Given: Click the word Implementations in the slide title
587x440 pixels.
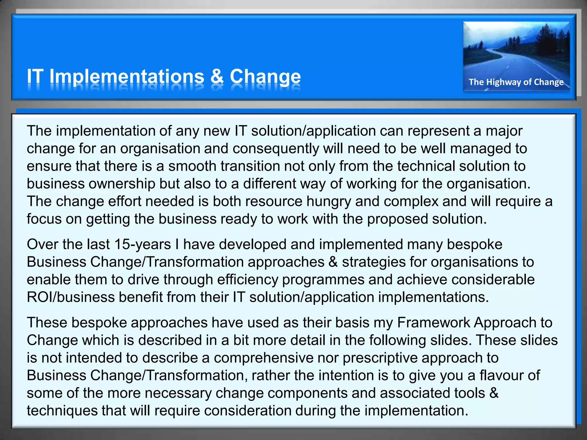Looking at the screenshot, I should [x=127, y=77].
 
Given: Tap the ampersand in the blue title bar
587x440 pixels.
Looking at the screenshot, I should [x=217, y=77].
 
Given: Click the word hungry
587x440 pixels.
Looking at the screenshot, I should [x=328, y=201].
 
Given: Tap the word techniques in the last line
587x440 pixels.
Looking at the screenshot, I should [x=62, y=411].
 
